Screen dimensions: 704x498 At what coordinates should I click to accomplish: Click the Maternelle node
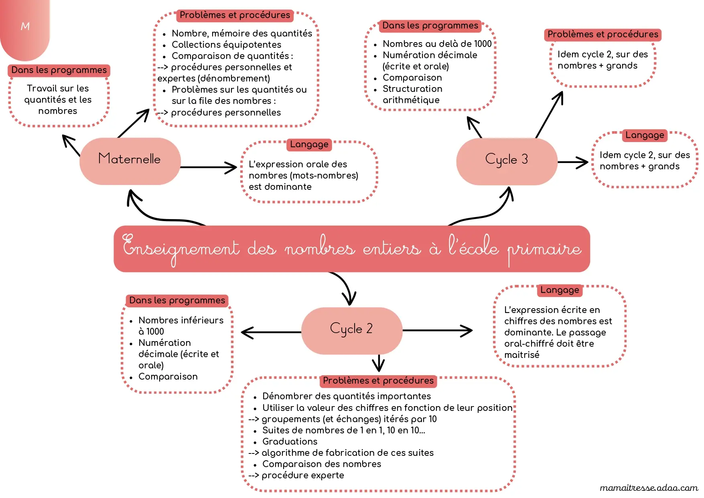(130, 161)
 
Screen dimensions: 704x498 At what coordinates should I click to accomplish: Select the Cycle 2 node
(352, 331)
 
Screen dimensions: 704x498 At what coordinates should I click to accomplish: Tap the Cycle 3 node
(507, 161)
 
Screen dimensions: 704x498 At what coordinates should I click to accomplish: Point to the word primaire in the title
(544, 250)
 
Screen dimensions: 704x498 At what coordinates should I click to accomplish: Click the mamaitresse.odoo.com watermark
(649, 488)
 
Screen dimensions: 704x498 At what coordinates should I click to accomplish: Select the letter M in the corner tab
(25, 26)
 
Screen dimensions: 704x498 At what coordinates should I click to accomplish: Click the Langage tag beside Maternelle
(309, 144)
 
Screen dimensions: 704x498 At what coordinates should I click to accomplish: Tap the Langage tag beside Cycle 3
(645, 135)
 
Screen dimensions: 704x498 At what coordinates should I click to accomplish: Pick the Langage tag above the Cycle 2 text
(560, 290)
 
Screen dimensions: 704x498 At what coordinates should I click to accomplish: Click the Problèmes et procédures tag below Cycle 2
(378, 381)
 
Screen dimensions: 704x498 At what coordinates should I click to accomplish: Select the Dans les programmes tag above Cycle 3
(430, 26)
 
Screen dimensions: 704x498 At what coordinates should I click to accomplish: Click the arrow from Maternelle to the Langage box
(209, 167)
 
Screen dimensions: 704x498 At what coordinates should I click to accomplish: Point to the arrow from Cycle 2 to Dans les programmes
(271, 332)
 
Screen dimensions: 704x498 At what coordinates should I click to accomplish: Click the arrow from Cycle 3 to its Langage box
(573, 162)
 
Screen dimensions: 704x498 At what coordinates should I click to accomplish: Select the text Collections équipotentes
(226, 45)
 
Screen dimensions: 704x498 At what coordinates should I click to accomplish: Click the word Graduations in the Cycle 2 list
(290, 441)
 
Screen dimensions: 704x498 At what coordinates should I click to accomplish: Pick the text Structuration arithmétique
(412, 94)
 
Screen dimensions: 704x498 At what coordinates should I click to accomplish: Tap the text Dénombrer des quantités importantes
(347, 396)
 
